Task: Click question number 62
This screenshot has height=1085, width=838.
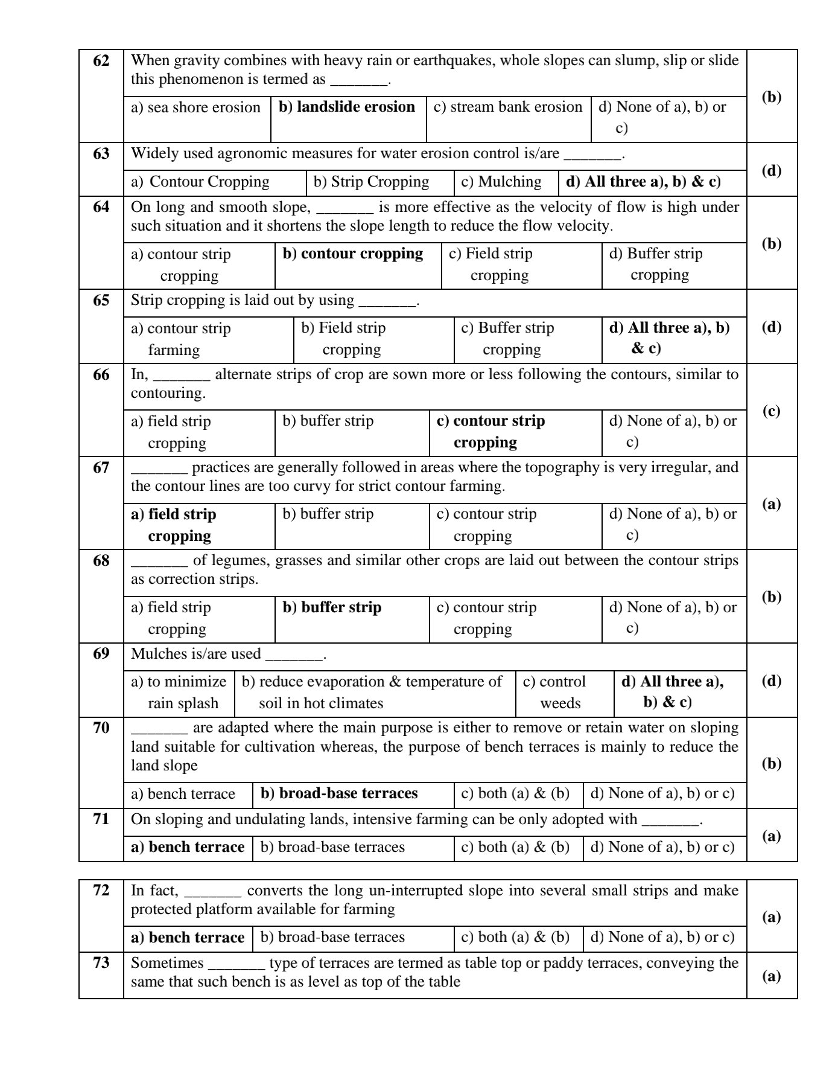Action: pyautogui.click(x=101, y=61)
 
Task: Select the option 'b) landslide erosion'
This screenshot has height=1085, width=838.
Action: pyautogui.click(x=347, y=107)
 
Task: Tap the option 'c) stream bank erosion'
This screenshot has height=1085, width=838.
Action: pyautogui.click(x=508, y=107)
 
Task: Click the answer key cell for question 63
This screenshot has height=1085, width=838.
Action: pyautogui.click(x=772, y=171)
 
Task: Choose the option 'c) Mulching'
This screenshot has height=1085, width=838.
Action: pyautogui.click(x=501, y=182)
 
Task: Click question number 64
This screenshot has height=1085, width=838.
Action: pyautogui.click(x=101, y=207)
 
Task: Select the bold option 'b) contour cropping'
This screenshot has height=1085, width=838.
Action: pyautogui.click(x=353, y=254)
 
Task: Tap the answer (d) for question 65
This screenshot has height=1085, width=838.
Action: pyautogui.click(x=772, y=327)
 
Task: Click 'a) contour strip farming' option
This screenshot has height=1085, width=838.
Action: pyautogui.click(x=181, y=339)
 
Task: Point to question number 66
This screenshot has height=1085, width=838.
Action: pyautogui.click(x=101, y=375)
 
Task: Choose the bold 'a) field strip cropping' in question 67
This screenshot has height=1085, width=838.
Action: pyautogui.click(x=174, y=525)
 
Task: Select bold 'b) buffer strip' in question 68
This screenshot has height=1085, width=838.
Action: pyautogui.click(x=332, y=607)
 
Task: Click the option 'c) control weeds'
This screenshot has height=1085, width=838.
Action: pyautogui.click(x=554, y=693)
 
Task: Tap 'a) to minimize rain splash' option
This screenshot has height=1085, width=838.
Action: pyautogui.click(x=179, y=693)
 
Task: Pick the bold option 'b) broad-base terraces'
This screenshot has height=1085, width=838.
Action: pyautogui.click(x=339, y=793)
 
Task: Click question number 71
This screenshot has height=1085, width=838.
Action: pyautogui.click(x=101, y=819)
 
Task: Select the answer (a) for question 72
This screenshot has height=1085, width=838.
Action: pyautogui.click(x=772, y=918)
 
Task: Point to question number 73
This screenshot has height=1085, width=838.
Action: pyautogui.click(x=101, y=962)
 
